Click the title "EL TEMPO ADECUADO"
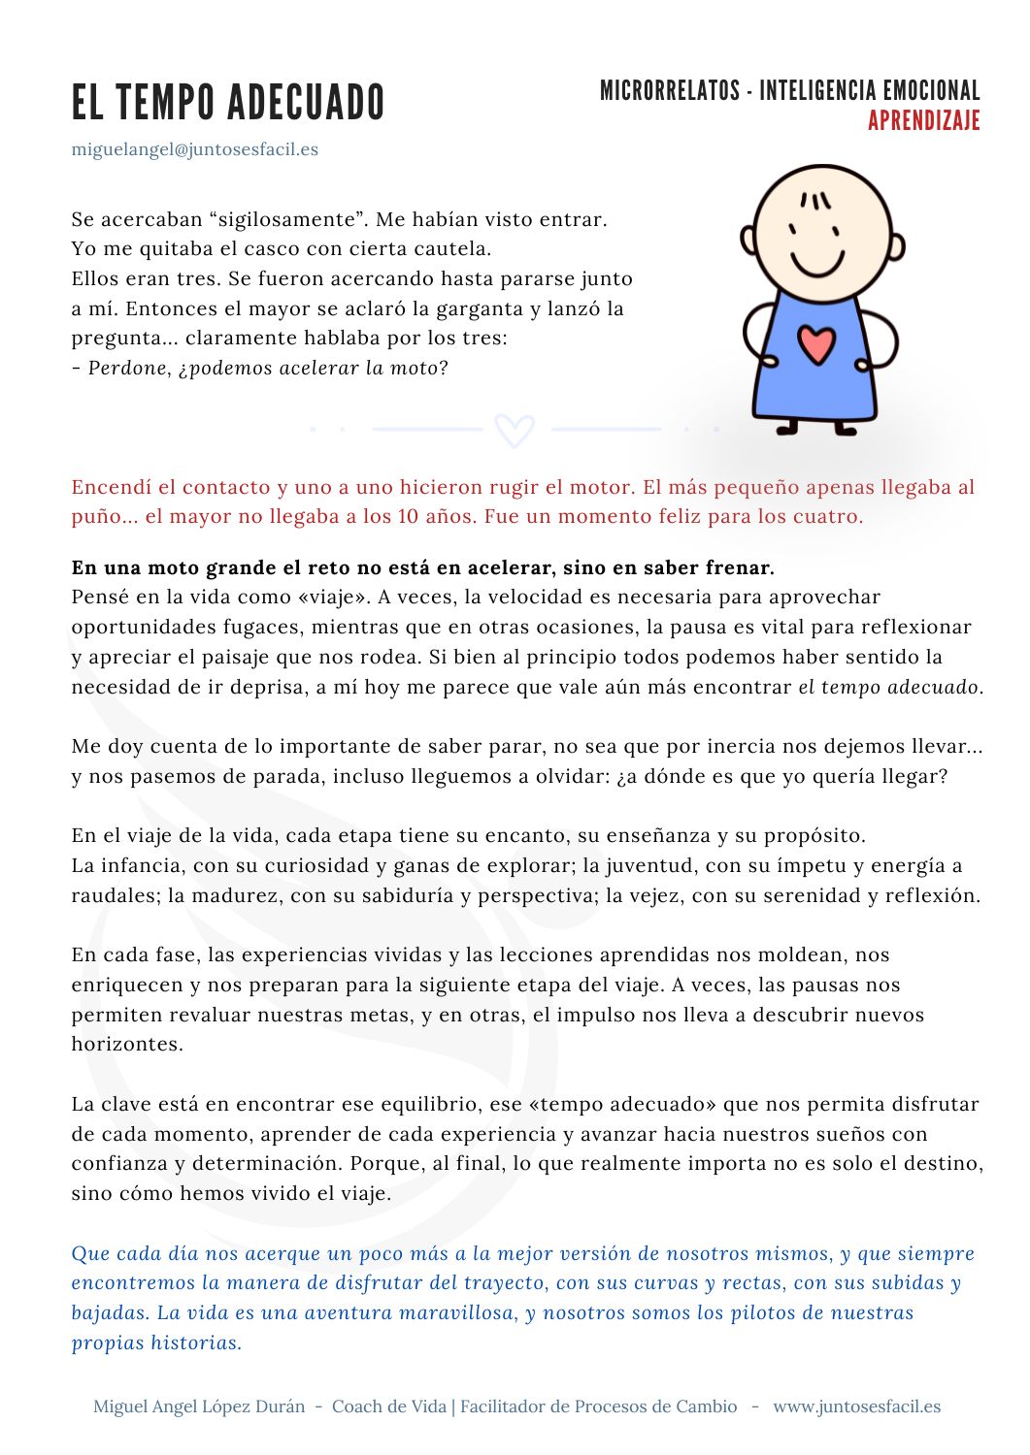point(228,103)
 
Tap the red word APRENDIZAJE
point(923,121)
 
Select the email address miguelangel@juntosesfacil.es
point(194,149)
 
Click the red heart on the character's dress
point(816,344)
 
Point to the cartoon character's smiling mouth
point(816,264)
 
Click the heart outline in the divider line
point(514,429)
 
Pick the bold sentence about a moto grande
point(422,567)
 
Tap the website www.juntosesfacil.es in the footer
point(856,1406)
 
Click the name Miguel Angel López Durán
point(199,1406)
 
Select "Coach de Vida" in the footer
point(389,1406)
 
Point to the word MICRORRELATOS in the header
point(669,91)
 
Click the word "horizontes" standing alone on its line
point(126,1045)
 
